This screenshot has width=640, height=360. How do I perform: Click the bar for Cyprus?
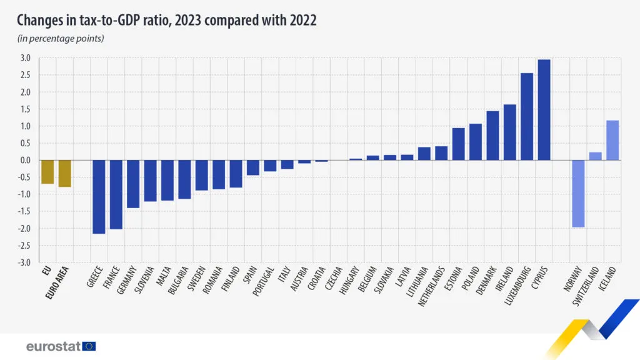pos(544,110)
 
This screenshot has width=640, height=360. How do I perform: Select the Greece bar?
pos(99,197)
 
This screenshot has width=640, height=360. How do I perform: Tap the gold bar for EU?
pos(47,172)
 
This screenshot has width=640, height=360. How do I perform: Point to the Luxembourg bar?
pos(527,117)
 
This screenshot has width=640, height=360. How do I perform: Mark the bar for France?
pos(116,194)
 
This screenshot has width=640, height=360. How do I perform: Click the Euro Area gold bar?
pos(65,174)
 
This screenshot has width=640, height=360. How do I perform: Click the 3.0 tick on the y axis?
pos(25,58)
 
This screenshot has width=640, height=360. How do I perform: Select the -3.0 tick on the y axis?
pos(24,262)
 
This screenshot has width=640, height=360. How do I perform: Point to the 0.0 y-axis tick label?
pos(25,161)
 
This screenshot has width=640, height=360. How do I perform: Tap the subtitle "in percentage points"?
pos(60,39)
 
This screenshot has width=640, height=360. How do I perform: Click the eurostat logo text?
pos(53,346)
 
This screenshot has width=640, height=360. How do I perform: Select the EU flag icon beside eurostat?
pos(89,346)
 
